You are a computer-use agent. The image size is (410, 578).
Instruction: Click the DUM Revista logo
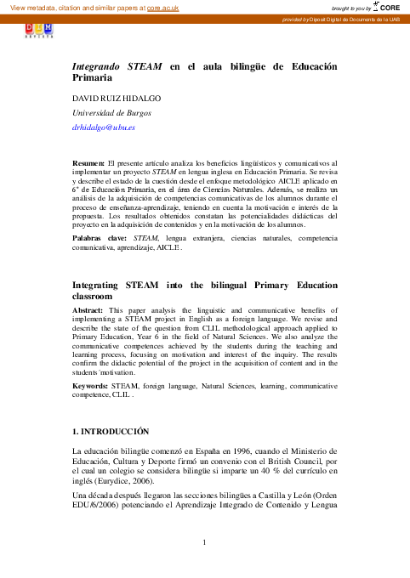click(38, 31)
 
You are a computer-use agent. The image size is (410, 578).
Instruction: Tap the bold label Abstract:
click(89, 311)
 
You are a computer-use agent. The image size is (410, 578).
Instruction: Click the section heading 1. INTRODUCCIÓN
click(111, 432)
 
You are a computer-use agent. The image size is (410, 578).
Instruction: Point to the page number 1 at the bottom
click(205, 542)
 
